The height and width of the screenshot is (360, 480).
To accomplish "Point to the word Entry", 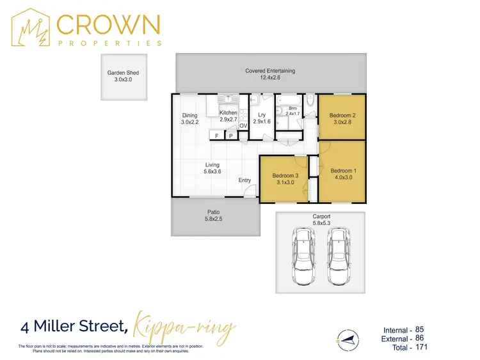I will [x=245, y=180].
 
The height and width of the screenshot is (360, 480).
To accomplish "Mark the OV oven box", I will [x=243, y=126].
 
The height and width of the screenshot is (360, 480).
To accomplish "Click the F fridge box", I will [x=217, y=136].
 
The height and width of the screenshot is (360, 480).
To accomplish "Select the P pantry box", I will [x=230, y=136].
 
